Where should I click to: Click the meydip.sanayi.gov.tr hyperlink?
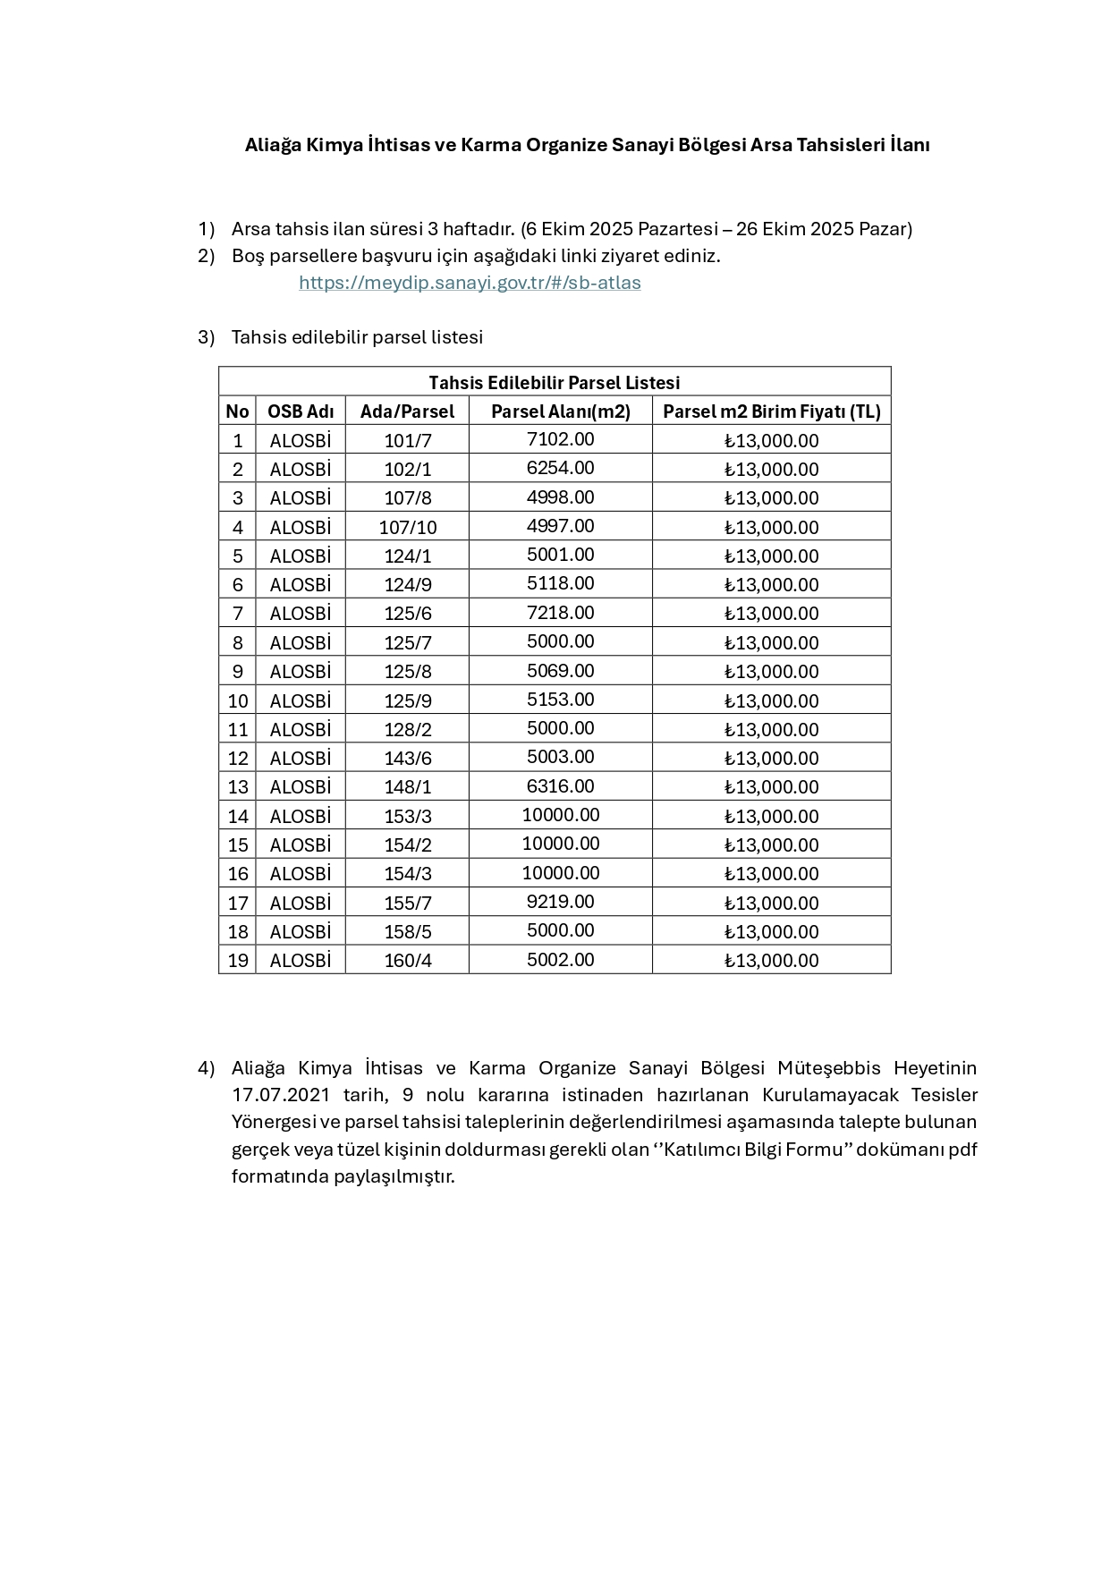click(470, 283)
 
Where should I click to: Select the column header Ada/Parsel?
click(407, 411)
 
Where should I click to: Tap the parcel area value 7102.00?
click(560, 439)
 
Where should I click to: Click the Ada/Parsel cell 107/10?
click(407, 527)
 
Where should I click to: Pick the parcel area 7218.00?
click(560, 613)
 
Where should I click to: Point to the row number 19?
click(237, 960)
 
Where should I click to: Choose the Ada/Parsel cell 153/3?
click(407, 816)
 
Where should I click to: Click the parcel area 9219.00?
click(560, 902)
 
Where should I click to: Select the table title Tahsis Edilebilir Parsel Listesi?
click(554, 382)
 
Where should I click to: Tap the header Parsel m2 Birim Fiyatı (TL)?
click(771, 411)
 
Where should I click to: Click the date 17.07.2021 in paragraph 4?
click(281, 1095)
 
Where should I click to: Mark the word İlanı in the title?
click(909, 145)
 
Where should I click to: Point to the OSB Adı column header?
click(301, 411)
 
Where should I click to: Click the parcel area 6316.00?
click(560, 786)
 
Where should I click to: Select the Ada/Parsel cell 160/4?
click(407, 960)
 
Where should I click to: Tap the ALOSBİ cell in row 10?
click(301, 700)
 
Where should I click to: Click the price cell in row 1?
click(771, 440)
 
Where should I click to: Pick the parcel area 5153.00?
click(560, 700)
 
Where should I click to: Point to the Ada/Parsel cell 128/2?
click(407, 729)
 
